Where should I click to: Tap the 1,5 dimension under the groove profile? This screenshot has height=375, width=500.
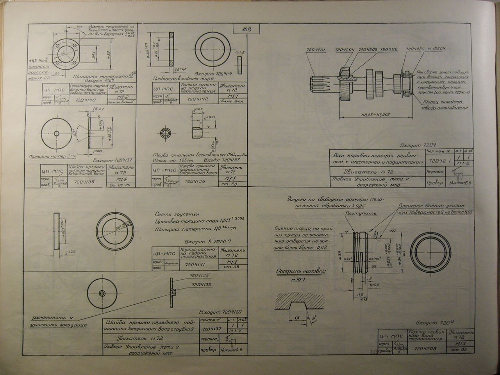(297, 318)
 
